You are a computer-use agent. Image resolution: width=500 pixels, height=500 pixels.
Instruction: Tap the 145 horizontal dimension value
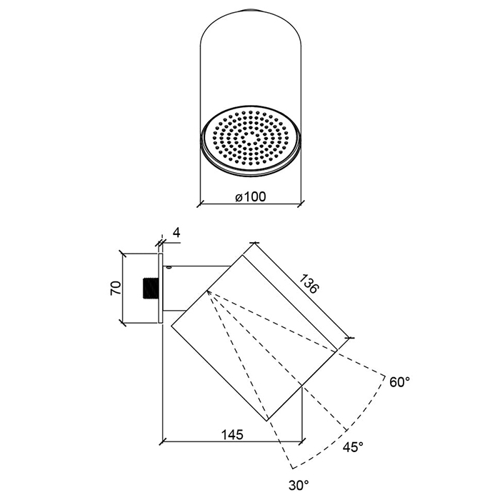click(x=233, y=434)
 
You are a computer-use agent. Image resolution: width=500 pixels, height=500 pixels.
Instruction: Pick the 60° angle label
click(x=400, y=382)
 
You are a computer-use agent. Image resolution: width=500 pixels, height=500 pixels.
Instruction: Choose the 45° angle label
click(x=353, y=446)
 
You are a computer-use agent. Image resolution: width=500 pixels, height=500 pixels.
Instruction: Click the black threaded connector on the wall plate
click(x=151, y=289)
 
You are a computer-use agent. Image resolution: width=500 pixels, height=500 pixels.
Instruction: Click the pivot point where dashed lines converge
click(x=206, y=291)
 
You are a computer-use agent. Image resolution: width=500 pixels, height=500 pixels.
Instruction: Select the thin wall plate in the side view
click(x=161, y=289)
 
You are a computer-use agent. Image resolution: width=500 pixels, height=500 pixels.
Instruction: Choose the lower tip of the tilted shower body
click(x=267, y=420)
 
